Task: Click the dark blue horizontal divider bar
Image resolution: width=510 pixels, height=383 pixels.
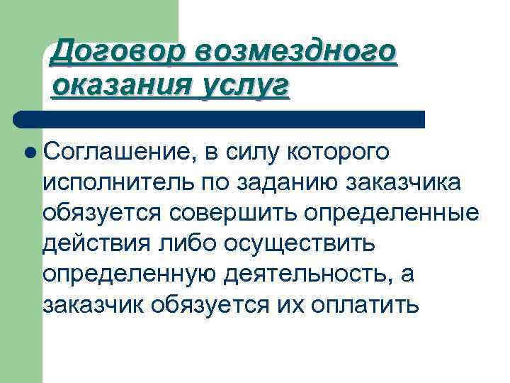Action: pyautogui.click(x=220, y=118)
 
